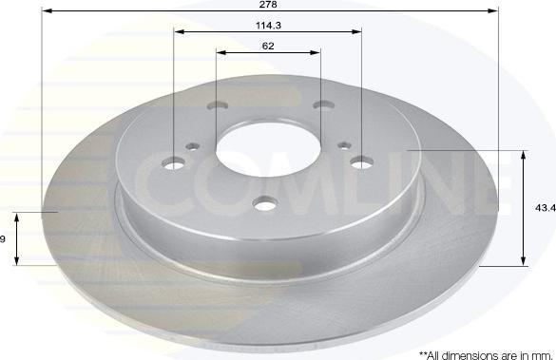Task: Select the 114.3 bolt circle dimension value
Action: (268, 25)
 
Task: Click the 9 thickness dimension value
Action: (4, 238)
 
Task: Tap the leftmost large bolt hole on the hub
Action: (175, 162)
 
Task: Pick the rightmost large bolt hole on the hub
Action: (362, 162)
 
